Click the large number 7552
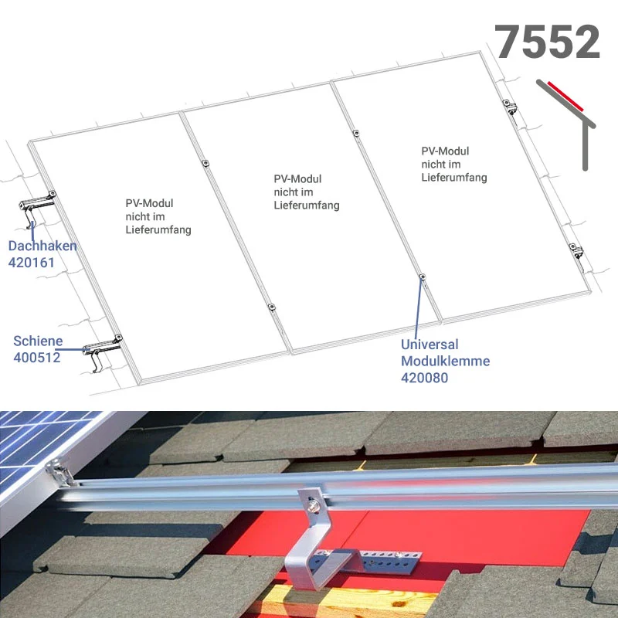(x=547, y=42)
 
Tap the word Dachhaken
(x=42, y=246)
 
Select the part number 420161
(x=32, y=263)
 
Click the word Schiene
(x=38, y=341)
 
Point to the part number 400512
(x=37, y=358)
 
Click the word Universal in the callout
(x=430, y=345)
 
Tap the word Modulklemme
(x=446, y=361)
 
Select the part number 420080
(x=424, y=378)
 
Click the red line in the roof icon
(x=565, y=96)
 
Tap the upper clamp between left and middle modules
(x=205, y=163)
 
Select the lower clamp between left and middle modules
(x=271, y=307)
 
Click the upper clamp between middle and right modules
(x=356, y=133)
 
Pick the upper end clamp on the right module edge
(x=510, y=107)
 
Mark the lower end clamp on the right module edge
(x=576, y=250)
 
